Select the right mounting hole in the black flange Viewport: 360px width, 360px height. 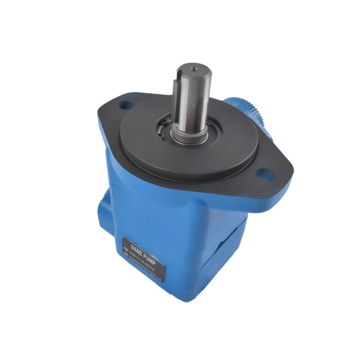point(265,174)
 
